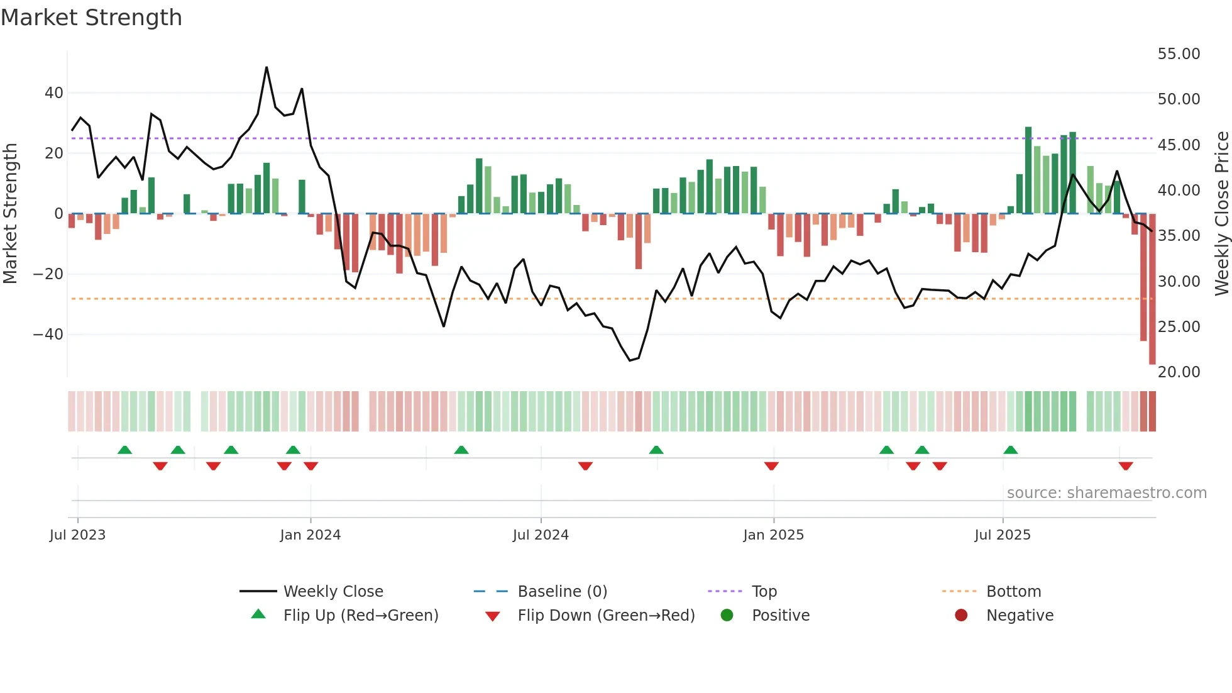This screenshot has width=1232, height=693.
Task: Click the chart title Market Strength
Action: click(91, 18)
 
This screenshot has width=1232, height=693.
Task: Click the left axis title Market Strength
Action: click(10, 214)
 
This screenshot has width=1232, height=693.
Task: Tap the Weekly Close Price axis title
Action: click(1221, 214)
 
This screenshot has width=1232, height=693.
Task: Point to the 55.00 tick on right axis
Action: click(1179, 54)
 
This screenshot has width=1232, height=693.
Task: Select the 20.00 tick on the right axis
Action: click(1179, 372)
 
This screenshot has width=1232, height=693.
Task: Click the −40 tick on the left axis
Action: click(48, 335)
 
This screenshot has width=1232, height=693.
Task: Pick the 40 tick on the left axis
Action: click(54, 93)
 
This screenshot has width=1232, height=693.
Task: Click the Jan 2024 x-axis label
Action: click(310, 535)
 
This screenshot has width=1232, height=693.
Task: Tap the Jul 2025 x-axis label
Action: click(1002, 535)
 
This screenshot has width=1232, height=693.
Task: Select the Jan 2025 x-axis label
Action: click(773, 535)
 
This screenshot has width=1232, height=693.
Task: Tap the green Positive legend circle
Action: click(727, 616)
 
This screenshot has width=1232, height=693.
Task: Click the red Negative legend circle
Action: click(961, 616)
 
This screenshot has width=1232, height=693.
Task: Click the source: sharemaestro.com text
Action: click(1106, 493)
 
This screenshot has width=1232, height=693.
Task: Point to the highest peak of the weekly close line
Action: click(267, 67)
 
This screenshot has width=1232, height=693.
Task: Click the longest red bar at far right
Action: click(1152, 289)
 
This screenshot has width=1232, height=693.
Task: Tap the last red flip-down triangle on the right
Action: click(1126, 466)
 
